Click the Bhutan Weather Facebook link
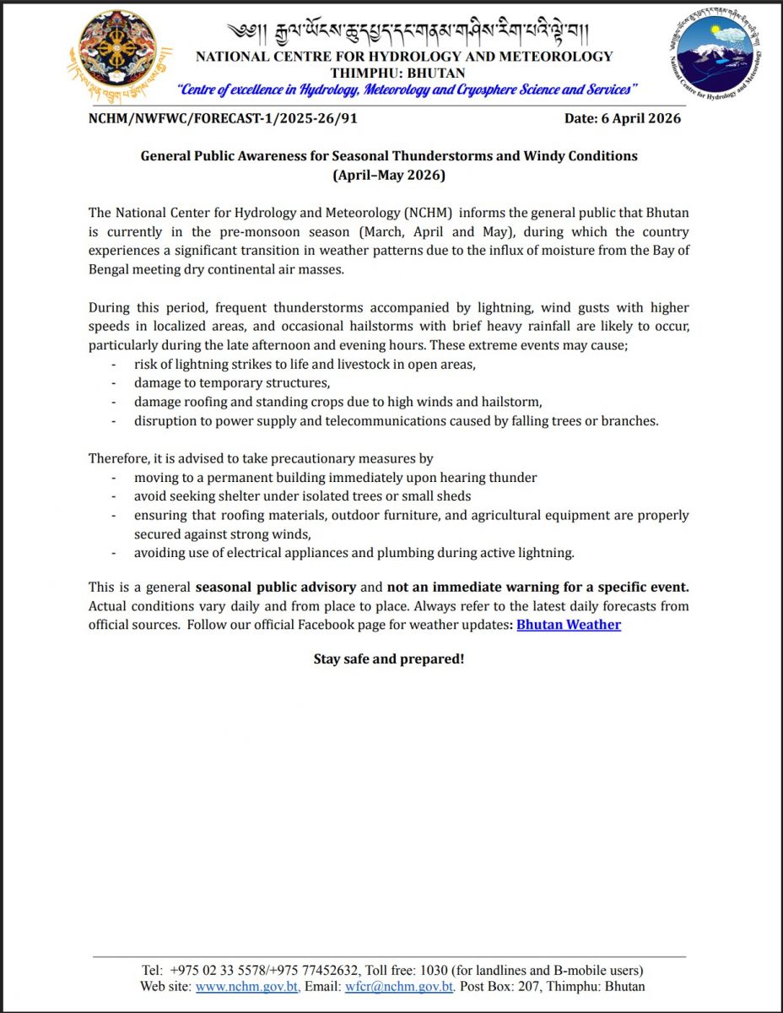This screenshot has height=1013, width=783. click(569, 625)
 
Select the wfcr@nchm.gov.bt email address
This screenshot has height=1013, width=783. click(400, 986)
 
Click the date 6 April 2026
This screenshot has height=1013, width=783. click(622, 118)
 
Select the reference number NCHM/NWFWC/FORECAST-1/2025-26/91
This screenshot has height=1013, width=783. click(223, 118)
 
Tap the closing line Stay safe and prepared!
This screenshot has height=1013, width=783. click(389, 658)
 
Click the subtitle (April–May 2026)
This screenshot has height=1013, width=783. click(389, 176)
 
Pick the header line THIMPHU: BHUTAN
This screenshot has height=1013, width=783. click(404, 73)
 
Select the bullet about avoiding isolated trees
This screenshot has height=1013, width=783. click(302, 496)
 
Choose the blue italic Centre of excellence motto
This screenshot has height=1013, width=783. click(404, 89)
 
